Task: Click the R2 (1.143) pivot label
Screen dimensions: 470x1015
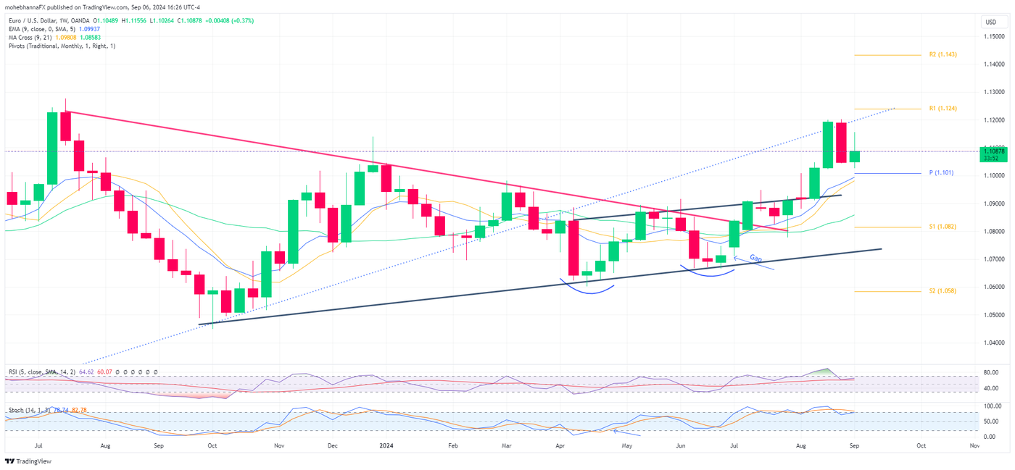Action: (x=942, y=55)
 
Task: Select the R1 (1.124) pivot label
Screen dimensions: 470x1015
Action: (x=942, y=109)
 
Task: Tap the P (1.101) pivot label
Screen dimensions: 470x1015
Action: (x=941, y=173)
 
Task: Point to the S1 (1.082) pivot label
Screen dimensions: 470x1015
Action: (x=942, y=227)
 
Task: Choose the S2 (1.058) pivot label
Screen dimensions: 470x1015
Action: (x=942, y=291)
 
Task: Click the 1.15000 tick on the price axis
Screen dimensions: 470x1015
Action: (x=993, y=37)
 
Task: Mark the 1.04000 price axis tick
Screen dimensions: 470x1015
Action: (x=993, y=343)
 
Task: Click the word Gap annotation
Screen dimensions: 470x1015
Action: (x=755, y=259)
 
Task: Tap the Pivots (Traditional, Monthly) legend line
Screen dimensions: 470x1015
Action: (x=61, y=46)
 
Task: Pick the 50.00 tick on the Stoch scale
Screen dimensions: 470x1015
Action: (x=990, y=421)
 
